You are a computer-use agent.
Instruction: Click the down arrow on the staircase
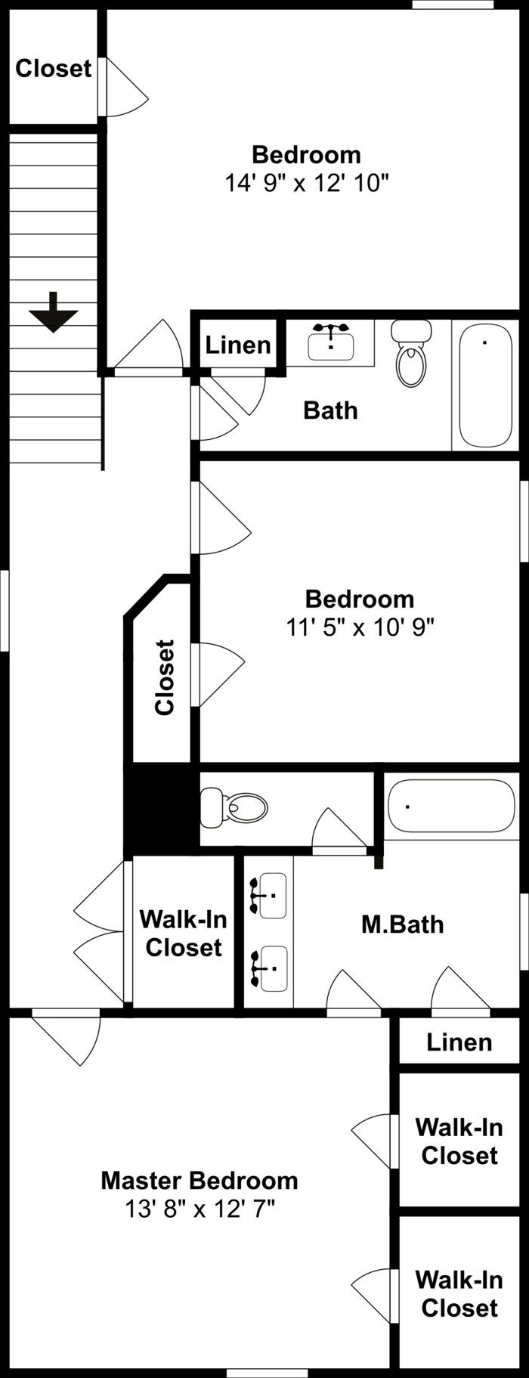point(54,312)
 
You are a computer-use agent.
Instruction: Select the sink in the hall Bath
point(331,345)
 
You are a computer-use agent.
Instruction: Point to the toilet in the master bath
point(235,808)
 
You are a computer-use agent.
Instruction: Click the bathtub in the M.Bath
point(450,807)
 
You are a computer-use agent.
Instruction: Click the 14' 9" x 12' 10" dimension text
point(306,183)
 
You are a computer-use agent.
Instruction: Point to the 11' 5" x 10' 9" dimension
point(360,627)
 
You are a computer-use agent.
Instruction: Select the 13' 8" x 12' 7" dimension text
point(200,1209)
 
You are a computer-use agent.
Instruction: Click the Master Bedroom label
point(200,1181)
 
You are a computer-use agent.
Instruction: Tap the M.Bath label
point(402,924)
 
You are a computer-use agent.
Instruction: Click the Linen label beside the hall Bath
point(238,345)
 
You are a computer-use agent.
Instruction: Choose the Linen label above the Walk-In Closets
point(459,1042)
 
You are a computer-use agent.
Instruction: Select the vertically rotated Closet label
point(165,677)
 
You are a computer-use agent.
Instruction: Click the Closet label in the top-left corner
point(53,69)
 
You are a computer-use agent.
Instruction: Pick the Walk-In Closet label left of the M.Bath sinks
point(183,934)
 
